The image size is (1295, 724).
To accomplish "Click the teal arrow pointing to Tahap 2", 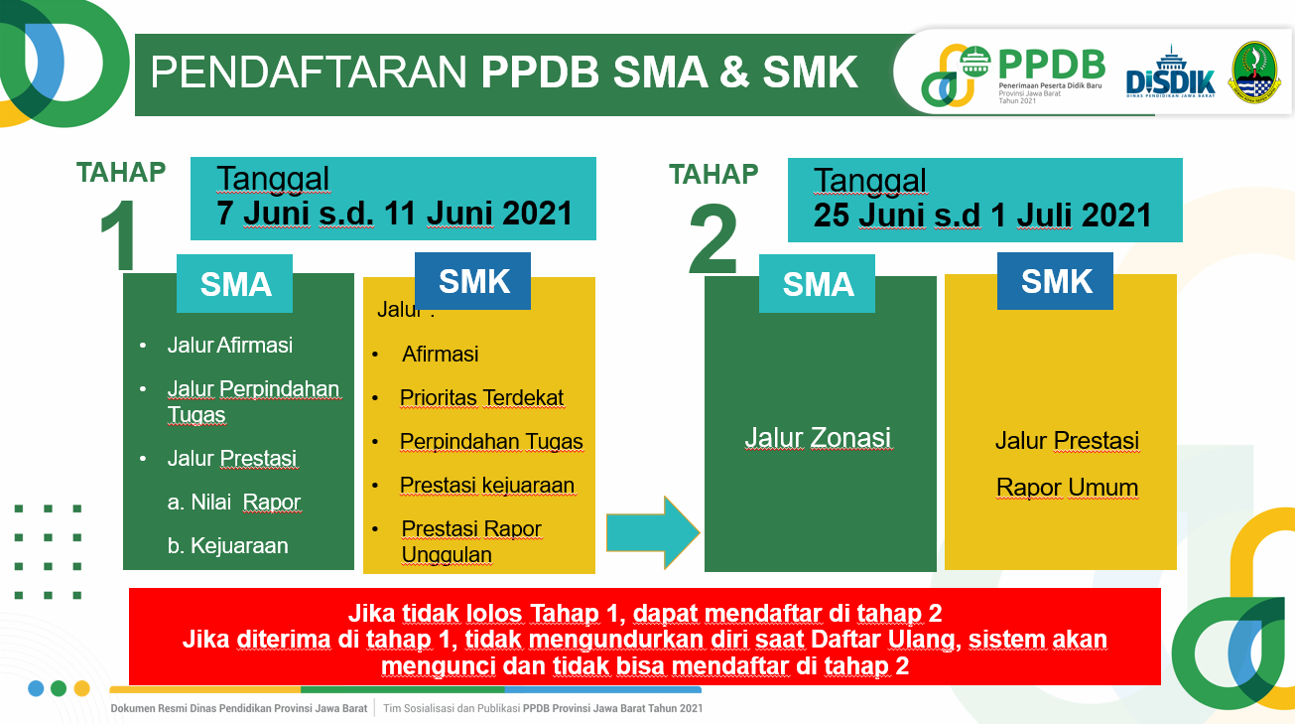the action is click(652, 532).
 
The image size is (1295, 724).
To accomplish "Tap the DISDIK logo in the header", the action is click(1170, 72).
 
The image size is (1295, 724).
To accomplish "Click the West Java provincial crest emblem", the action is click(1254, 72).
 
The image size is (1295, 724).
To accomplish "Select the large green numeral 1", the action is click(118, 235).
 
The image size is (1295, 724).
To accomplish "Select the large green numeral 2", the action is click(713, 239).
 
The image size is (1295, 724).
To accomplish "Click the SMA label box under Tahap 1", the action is click(235, 284).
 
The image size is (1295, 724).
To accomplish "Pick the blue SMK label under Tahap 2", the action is click(1055, 281).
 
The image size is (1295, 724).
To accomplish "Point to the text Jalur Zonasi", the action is click(818, 438).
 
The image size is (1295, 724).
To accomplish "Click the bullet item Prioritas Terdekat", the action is click(481, 397).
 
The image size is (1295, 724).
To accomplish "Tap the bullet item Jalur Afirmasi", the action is click(230, 345).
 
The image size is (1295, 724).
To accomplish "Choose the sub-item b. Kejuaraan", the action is click(228, 546).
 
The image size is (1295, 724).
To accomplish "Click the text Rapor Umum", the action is click(1067, 488).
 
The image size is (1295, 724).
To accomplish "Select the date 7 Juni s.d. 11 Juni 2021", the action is click(394, 213).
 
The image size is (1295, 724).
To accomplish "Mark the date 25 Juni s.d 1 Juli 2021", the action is click(982, 215).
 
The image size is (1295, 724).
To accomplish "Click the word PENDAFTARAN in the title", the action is click(309, 72).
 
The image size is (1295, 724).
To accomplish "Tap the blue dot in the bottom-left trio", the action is click(36, 688).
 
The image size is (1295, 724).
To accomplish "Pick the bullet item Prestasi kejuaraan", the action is click(487, 485).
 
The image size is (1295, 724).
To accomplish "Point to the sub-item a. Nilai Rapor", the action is click(234, 502).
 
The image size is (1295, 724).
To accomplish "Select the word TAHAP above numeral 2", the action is click(713, 174).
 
